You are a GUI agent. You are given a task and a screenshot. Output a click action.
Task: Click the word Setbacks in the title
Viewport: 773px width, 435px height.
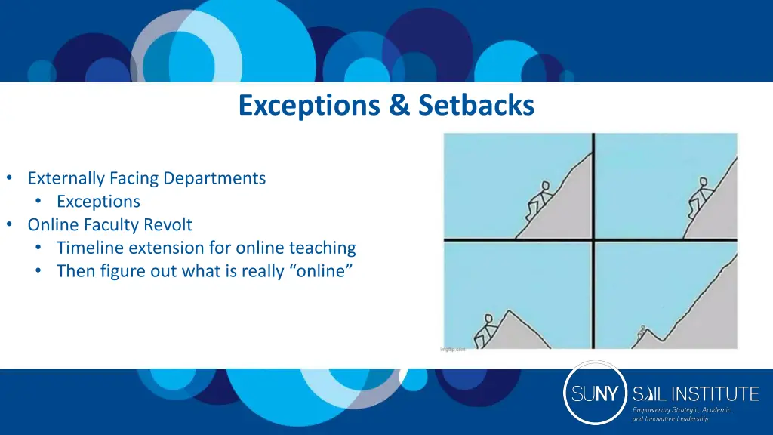point(475,106)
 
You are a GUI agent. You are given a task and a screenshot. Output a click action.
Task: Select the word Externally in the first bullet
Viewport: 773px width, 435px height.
point(66,178)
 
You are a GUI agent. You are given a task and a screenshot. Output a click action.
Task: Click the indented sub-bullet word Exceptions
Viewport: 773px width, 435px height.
point(98,202)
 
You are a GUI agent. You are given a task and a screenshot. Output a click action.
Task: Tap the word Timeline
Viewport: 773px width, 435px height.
point(89,248)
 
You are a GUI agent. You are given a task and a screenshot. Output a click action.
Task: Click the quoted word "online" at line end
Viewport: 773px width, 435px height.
point(320,271)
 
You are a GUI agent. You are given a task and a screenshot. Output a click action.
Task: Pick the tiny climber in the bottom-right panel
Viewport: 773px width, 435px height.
point(642,332)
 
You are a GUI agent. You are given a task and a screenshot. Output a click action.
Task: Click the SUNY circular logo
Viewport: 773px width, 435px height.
point(596,393)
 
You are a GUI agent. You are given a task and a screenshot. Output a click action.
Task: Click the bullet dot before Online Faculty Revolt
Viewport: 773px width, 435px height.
point(9,225)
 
